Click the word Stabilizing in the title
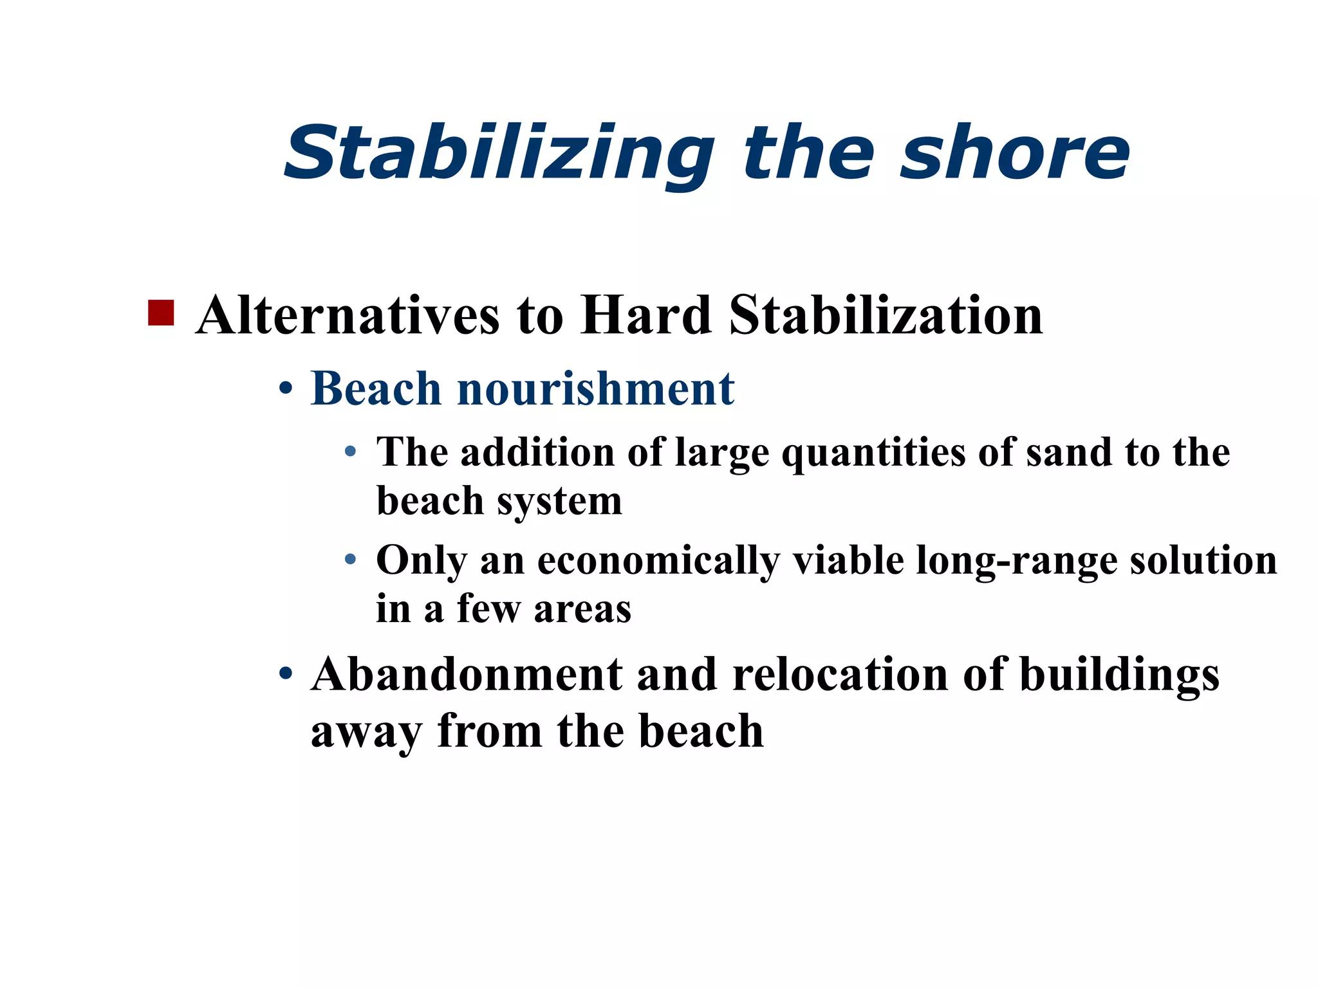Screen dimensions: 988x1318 [x=499, y=154]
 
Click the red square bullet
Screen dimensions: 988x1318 [x=161, y=313]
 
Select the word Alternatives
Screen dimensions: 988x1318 [x=348, y=315]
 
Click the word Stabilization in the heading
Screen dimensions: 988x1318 [x=886, y=315]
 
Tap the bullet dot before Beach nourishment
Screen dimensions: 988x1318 [x=286, y=390]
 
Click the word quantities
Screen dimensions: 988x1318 [x=873, y=452]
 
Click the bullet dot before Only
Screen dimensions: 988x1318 [x=350, y=560]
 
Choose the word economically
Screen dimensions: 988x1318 [x=658, y=561]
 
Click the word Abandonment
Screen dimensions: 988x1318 [x=467, y=675]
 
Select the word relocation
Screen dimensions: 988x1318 [x=840, y=675]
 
